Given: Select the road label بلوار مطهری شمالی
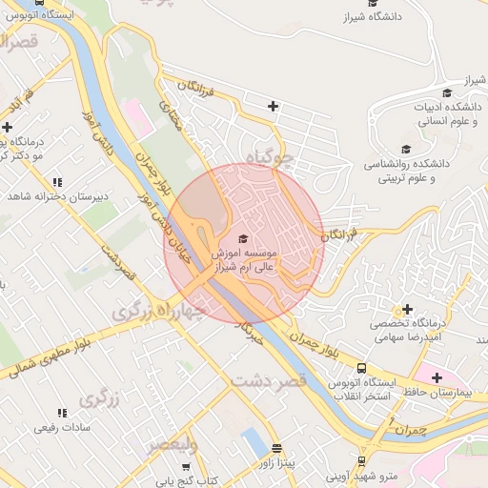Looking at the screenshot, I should point(44,359).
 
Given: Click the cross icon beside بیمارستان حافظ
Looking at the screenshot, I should point(437,377).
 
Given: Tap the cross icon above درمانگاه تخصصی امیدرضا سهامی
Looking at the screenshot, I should point(408,309).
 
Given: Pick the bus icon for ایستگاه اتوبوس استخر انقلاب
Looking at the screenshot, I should point(361,368).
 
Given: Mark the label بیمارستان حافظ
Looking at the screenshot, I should point(448,393).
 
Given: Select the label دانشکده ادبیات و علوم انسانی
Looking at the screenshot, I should point(452,114).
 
